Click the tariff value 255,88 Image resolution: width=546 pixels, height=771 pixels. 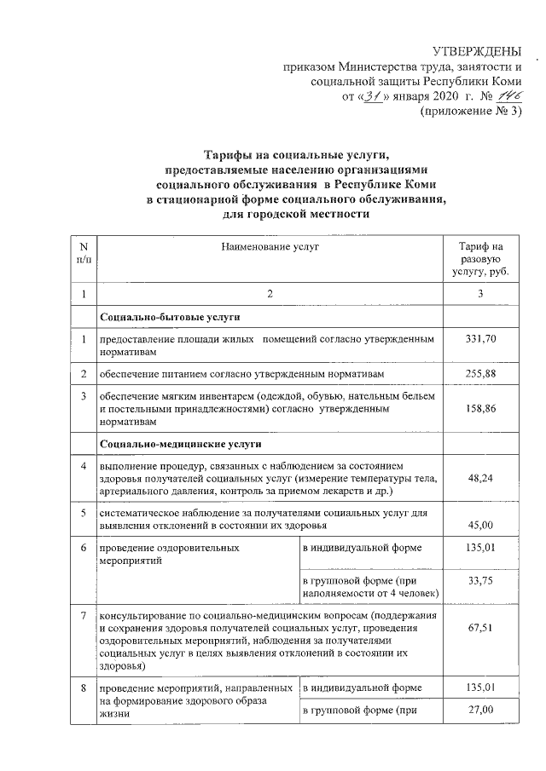[x=480, y=374]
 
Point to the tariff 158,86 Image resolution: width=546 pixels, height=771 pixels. [x=480, y=409]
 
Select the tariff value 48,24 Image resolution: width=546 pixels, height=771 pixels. [x=480, y=479]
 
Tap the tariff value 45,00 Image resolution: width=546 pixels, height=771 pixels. [x=480, y=525]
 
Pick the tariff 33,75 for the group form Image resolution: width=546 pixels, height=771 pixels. [x=480, y=582]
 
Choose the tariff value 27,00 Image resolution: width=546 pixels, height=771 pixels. [x=480, y=709]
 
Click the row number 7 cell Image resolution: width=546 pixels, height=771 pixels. [x=83, y=615]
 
